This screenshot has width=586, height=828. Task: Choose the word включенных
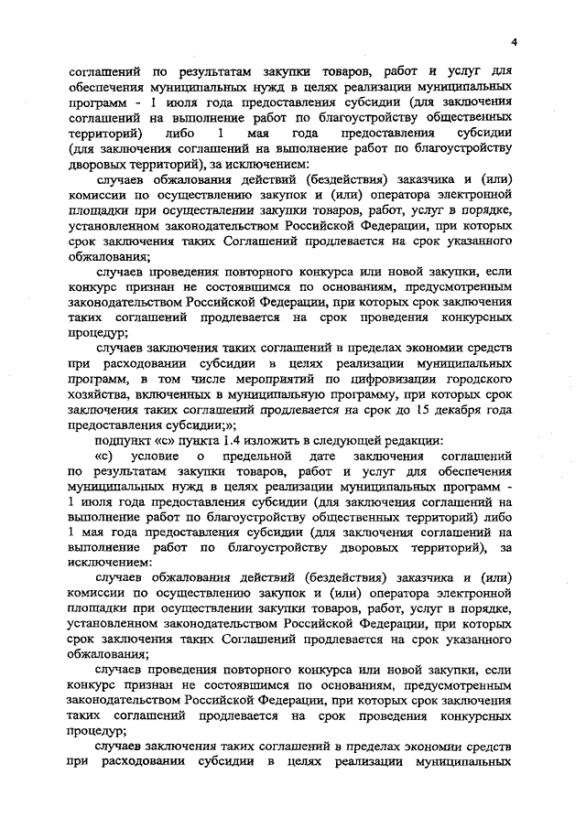pos(171,393)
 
